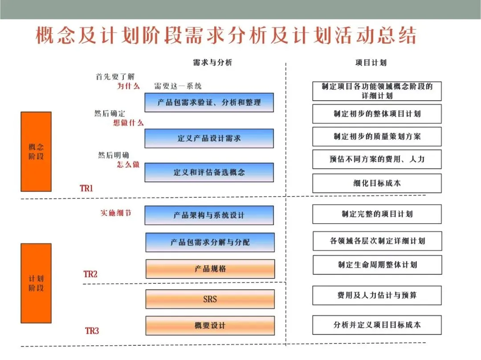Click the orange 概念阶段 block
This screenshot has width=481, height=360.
coord(36,151)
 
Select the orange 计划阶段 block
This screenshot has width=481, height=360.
coord(36,283)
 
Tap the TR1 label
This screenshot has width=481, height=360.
coord(86,188)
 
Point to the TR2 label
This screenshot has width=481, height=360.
coord(90,274)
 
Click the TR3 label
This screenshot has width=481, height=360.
coord(92,331)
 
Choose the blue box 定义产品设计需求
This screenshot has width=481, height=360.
coord(209,139)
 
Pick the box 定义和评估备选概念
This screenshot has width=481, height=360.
coord(209,172)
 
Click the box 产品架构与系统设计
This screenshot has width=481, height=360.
coord(209,215)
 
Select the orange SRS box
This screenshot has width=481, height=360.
coord(210,299)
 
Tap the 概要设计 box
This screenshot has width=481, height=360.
coord(210,326)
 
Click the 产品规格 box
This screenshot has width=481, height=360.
coord(210,269)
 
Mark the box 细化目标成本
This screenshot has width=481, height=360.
coord(377,183)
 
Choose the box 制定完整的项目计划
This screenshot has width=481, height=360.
coord(377,214)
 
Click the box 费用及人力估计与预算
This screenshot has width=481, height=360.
coord(377,295)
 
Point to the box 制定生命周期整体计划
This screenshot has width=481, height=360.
coord(377,265)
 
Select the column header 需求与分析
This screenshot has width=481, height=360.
coord(212,63)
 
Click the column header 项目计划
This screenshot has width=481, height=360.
coord(371,63)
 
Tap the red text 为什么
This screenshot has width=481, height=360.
coord(128,86)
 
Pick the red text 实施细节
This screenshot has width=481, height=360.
coord(116,213)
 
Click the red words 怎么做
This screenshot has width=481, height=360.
coord(128,164)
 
